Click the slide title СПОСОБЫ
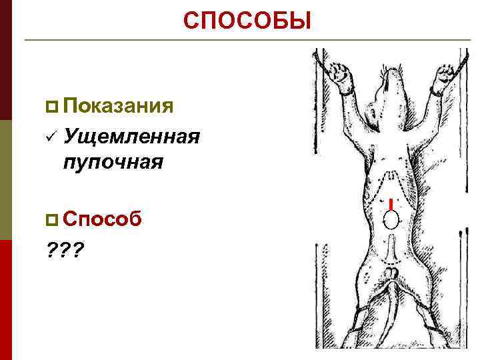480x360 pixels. coord(247,21)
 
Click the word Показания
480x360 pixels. coord(120,105)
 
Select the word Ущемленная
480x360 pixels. coord(132,137)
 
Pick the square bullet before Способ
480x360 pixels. coord(53,219)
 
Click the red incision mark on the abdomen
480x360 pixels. coord(390,203)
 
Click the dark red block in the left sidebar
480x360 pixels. coord(5,60)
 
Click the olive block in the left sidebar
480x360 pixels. coord(5,180)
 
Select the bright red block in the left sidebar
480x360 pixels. coord(5,300)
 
